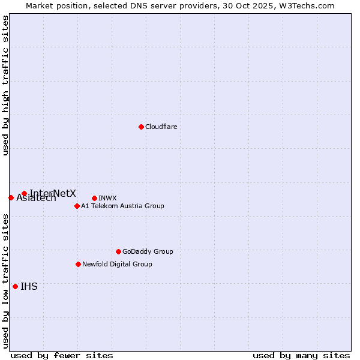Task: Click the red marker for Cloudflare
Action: pyautogui.click(x=141, y=127)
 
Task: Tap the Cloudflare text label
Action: pyautogui.click(x=161, y=127)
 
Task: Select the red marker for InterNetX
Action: pyautogui.click(x=24, y=193)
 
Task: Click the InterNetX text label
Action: pyautogui.click(x=53, y=193)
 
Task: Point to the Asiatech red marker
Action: pyautogui.click(x=11, y=197)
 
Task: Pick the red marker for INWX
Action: pyautogui.click(x=94, y=198)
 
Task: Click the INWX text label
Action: pyautogui.click(x=107, y=198)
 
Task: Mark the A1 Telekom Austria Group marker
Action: pyautogui.click(x=77, y=206)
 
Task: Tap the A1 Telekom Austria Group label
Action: pyautogui.click(x=122, y=206)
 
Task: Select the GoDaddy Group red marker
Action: pyautogui.click(x=118, y=251)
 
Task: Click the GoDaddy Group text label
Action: pyautogui.click(x=148, y=251)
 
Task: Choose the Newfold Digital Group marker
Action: pyautogui.click(x=78, y=264)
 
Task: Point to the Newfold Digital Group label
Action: pyautogui.click(x=117, y=264)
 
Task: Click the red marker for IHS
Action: pyautogui.click(x=15, y=286)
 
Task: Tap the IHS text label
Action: pyautogui.click(x=29, y=286)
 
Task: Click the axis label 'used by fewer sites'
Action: pyautogui.click(x=62, y=355)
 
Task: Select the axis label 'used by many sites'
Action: pyautogui.click(x=301, y=355)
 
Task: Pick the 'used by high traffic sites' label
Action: pyautogui.click(x=6, y=85)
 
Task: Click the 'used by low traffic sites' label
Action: pyautogui.click(x=6, y=280)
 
